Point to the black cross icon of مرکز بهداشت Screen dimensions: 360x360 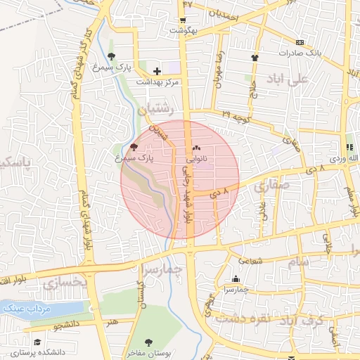pos(157,71)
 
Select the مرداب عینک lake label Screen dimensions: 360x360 pos(24,309)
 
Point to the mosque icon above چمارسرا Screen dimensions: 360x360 pos(235,278)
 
